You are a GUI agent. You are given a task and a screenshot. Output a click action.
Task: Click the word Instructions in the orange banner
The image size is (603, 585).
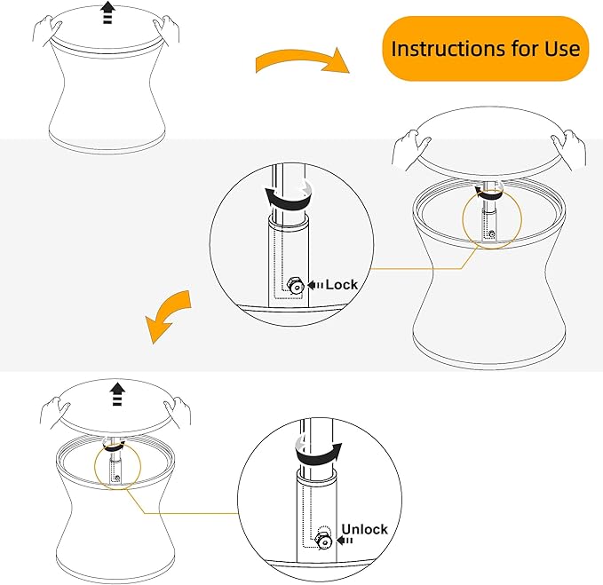(x=448, y=49)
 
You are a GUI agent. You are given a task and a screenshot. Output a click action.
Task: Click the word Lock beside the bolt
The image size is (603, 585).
(x=342, y=285)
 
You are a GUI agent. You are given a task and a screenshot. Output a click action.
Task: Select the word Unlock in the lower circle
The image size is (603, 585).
(x=365, y=529)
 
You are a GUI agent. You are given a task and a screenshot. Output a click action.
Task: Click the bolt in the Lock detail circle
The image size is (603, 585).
(x=297, y=287)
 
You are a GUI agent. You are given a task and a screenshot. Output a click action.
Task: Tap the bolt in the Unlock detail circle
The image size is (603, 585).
(x=325, y=541)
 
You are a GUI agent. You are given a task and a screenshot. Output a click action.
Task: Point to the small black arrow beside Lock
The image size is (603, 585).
(x=315, y=285)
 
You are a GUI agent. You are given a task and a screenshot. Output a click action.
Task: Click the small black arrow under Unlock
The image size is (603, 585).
(x=345, y=541)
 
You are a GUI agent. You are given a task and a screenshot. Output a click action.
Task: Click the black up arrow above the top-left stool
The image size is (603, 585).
(x=108, y=12)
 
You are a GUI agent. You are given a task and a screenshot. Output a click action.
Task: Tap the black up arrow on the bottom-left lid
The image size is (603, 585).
(x=117, y=394)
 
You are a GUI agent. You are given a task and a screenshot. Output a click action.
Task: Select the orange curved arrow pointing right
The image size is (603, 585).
(x=302, y=60)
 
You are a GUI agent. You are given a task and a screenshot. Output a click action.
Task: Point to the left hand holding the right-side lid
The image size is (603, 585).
(x=410, y=150)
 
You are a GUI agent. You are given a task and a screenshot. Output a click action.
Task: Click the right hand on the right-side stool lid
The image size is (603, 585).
(x=569, y=150)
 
